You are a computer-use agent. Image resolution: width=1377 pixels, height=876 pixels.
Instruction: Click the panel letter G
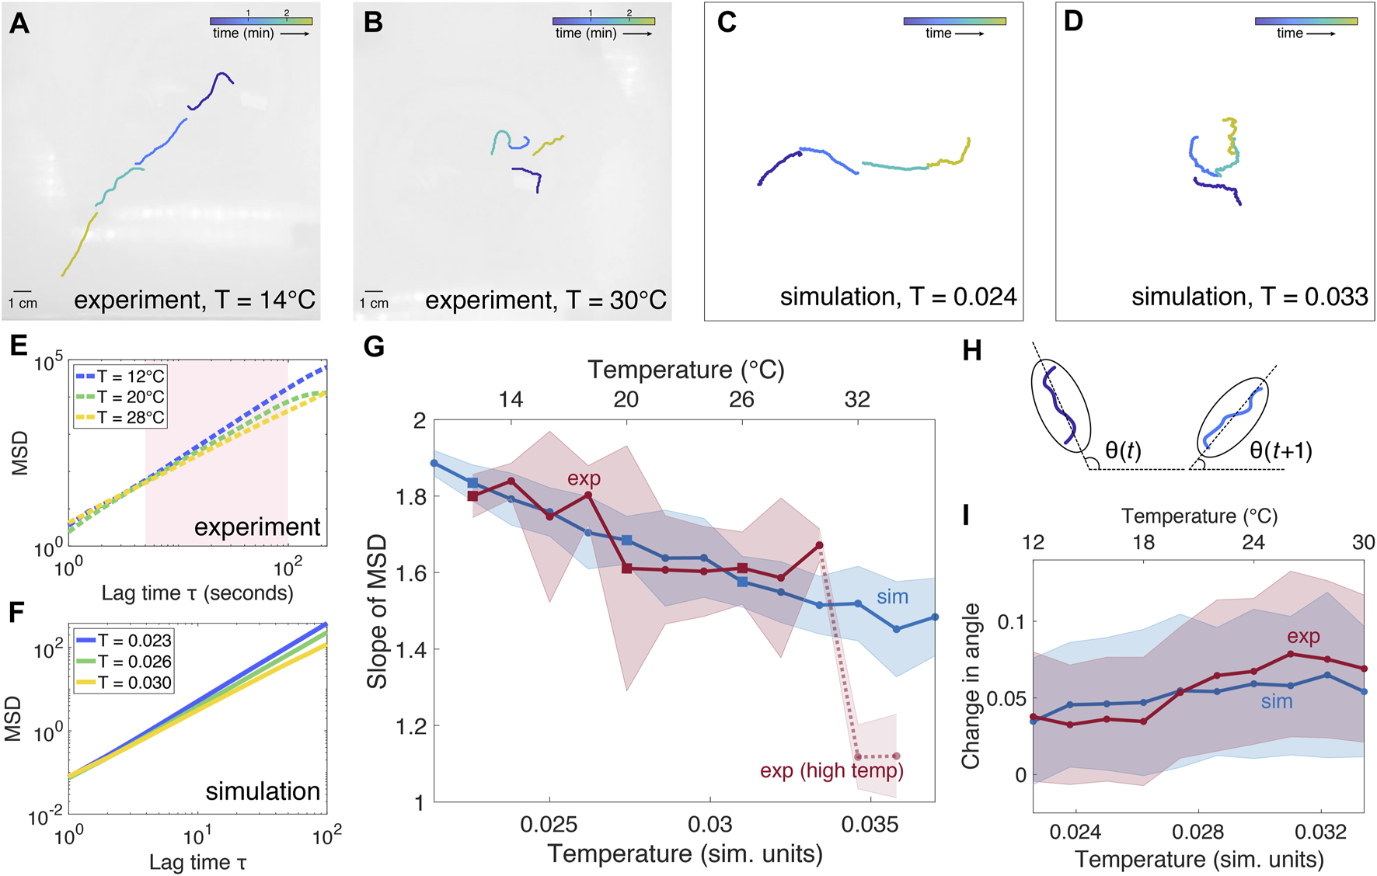coord(374,346)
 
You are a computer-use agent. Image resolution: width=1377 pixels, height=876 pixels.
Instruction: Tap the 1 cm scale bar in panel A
coord(22,292)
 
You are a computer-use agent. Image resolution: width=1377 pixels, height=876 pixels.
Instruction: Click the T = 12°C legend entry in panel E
coord(120,377)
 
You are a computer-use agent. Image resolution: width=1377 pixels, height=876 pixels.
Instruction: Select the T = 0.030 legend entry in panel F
coord(124,683)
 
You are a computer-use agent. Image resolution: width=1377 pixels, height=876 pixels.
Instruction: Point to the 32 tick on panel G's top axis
coord(857,399)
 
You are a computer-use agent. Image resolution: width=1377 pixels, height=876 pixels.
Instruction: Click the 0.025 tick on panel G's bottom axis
coord(549,824)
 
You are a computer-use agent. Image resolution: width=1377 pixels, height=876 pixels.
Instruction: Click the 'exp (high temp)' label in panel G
coord(831,770)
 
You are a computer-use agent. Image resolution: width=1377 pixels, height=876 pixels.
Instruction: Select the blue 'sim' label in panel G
coord(892,596)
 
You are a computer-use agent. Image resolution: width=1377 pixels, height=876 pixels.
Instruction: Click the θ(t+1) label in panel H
coord(1281,450)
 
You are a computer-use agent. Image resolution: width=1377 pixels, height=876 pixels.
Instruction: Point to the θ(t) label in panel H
coord(1122,450)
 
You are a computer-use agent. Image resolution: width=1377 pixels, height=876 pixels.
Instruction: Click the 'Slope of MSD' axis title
coord(377,611)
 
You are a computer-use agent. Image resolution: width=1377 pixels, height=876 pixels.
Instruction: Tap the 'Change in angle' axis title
coord(970,687)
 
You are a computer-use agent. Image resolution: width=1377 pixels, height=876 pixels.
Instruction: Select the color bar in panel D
coord(1306,22)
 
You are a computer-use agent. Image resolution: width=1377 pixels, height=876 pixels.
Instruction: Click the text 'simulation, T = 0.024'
coord(898,297)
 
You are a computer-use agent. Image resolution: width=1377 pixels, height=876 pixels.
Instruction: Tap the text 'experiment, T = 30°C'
coord(546,300)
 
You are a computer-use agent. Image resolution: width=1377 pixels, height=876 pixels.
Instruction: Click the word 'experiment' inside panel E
coord(256,527)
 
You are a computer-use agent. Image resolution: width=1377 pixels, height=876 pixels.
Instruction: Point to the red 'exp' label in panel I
coord(1303,637)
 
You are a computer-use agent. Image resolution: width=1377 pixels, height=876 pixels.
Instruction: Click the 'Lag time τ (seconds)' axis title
coord(197,593)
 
